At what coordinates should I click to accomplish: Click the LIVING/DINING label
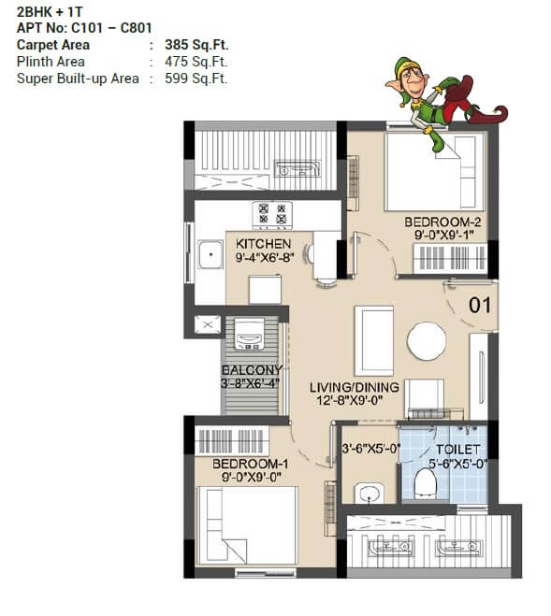coord(355,387)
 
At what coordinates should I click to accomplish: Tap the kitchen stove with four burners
coord(272,215)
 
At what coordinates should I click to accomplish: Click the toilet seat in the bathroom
coord(427,482)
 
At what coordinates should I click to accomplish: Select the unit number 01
coord(479,304)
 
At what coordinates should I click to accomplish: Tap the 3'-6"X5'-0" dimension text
coord(370,448)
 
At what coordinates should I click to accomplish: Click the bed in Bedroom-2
coord(436,172)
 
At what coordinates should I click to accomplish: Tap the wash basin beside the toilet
coord(369,493)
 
